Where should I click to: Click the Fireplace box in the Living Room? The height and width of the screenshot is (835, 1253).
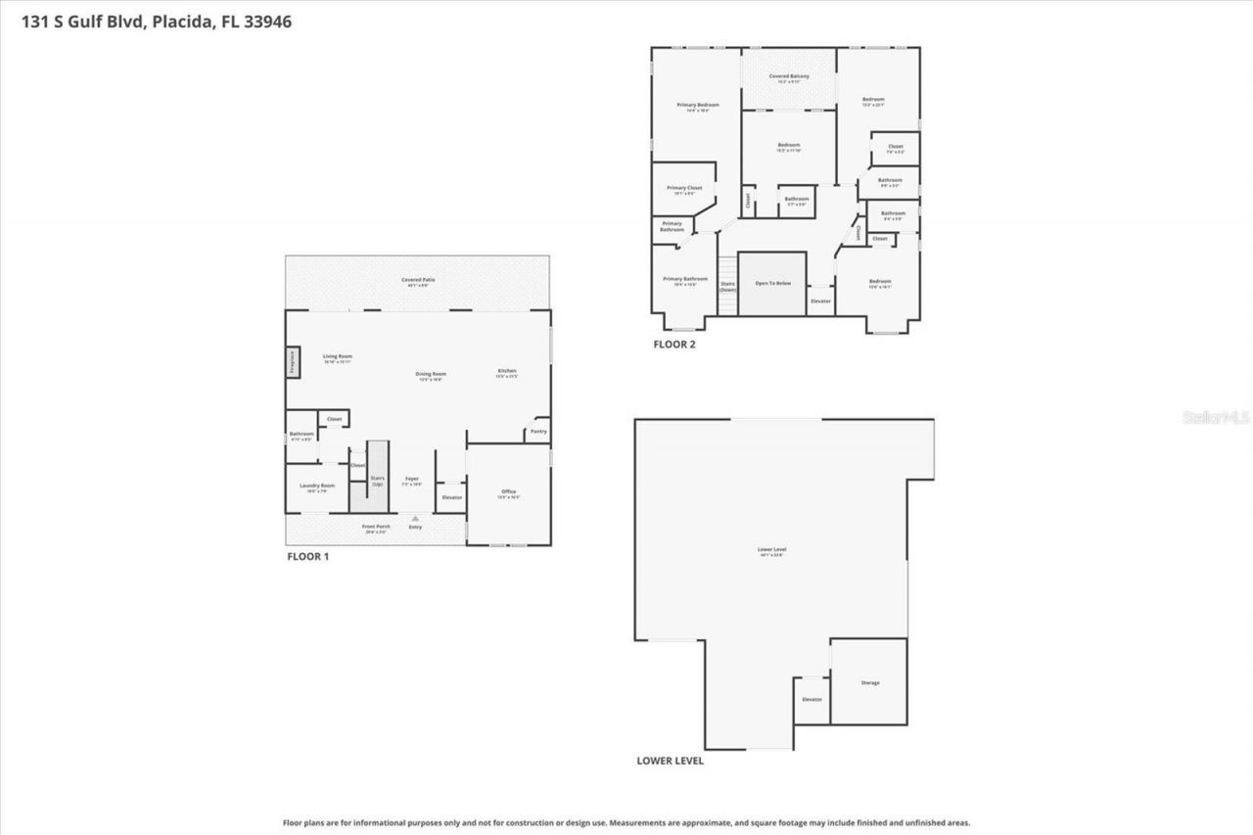292,361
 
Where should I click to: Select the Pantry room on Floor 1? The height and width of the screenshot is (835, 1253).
538,431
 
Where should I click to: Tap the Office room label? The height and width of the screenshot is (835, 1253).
508,492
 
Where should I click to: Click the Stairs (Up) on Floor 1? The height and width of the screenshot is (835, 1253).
377,480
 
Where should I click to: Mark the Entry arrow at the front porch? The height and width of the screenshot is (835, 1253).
415,519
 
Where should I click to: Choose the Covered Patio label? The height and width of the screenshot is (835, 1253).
418,281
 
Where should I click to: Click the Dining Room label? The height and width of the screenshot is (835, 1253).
431,374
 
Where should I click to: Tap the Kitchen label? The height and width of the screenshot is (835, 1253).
507,371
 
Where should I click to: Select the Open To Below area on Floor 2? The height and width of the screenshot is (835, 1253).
771,283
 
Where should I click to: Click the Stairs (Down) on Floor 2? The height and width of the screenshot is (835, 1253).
727,286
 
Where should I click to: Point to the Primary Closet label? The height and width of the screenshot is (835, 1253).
684,188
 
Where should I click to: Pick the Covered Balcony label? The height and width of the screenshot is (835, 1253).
788,76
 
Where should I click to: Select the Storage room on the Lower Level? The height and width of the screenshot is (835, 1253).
869,682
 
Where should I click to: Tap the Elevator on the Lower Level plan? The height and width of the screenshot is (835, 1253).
812,700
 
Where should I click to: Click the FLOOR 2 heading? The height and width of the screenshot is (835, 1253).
674,345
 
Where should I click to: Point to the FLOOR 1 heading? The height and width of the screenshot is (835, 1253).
307,556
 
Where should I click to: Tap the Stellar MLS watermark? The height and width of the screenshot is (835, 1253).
1216,417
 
